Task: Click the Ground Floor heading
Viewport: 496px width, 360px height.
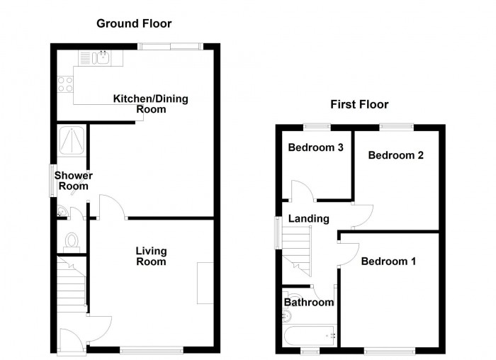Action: click(134, 24)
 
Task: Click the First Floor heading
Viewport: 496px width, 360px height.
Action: click(359, 105)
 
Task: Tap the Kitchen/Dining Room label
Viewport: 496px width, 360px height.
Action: click(151, 104)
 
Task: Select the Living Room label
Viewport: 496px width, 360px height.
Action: click(151, 257)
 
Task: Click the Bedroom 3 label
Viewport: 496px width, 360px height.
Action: click(316, 148)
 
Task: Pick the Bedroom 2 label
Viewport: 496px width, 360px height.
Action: click(396, 155)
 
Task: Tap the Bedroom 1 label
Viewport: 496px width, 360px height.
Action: click(388, 261)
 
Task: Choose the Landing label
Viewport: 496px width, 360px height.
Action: click(308, 219)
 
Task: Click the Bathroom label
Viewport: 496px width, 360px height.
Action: click(309, 303)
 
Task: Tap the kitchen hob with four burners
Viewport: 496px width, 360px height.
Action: click(65, 84)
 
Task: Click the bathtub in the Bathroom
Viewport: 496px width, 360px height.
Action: click(309, 334)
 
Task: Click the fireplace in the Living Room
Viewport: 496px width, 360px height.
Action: click(205, 283)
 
